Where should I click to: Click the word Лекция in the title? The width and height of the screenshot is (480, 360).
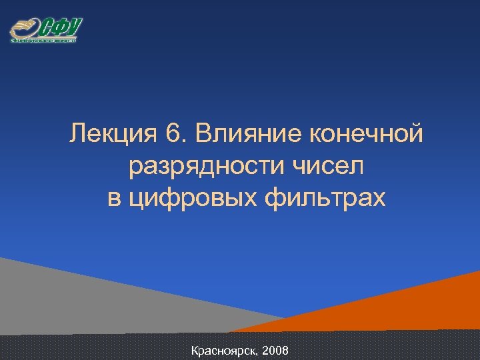point(111,136)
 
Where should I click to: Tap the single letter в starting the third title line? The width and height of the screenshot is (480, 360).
point(114,199)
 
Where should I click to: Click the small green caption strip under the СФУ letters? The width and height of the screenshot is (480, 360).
point(43,41)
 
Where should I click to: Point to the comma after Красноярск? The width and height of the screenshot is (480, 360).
point(259,353)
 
